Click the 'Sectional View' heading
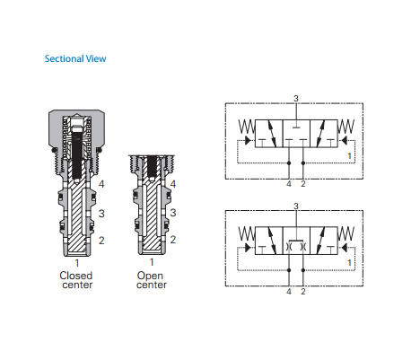[x=75, y=58]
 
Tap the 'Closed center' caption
[x=76, y=280]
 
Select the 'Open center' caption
[x=152, y=280]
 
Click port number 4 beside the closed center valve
[x=101, y=184]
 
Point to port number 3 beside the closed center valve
[x=101, y=214]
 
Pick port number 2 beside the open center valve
[x=173, y=240]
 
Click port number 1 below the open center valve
[x=152, y=262]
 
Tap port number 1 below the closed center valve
[x=77, y=263]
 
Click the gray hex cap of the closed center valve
[x=77, y=129]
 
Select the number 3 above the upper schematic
[x=296, y=99]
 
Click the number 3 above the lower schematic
[x=296, y=206]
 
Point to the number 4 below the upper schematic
[x=289, y=184]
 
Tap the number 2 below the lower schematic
[x=303, y=292]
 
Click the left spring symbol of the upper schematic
[x=247, y=127]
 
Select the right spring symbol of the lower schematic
[x=346, y=233]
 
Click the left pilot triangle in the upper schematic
[x=248, y=140]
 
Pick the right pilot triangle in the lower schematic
[x=345, y=248]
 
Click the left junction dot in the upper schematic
[x=289, y=163]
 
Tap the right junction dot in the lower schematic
[x=303, y=270]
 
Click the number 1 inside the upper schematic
[x=349, y=156]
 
